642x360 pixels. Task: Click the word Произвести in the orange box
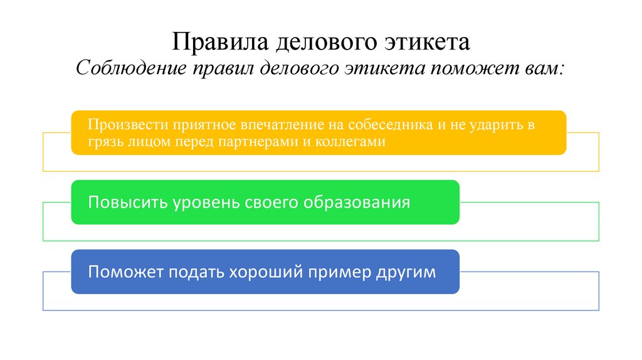tap(122, 124)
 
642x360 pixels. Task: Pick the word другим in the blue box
tap(404, 273)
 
